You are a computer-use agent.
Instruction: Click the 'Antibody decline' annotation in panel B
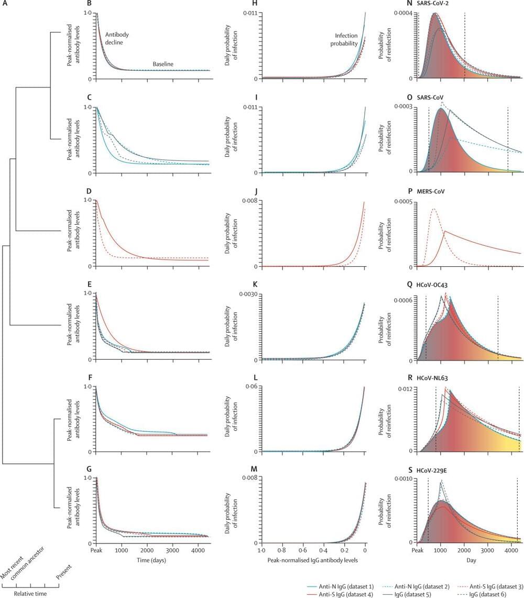(114, 38)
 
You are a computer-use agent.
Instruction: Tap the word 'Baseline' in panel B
(163, 64)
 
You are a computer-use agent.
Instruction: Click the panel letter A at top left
(4, 4)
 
